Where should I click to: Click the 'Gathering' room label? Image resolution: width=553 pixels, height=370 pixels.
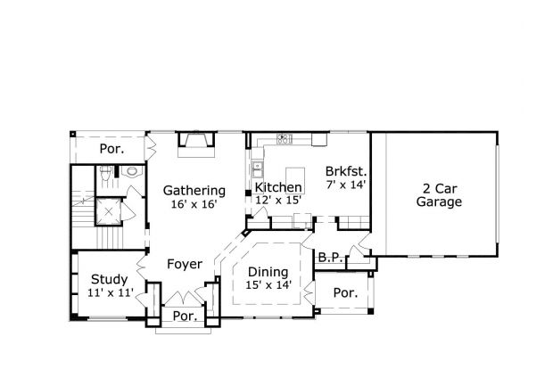click(194, 190)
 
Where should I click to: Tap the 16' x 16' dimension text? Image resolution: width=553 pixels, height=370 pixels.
click(194, 204)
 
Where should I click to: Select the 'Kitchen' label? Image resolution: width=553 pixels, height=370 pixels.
click(278, 188)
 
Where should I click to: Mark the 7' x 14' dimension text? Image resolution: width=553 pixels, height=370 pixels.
click(346, 185)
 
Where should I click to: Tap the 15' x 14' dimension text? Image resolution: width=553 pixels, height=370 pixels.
click(267, 285)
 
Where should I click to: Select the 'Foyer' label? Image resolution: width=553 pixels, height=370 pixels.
click(184, 264)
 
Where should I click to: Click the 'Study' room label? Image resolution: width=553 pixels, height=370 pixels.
click(108, 279)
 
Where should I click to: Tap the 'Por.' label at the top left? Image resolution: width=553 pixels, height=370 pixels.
click(111, 148)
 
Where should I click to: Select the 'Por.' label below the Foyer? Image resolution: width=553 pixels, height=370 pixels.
click(184, 316)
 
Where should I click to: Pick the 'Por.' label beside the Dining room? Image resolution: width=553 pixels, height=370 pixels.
click(344, 292)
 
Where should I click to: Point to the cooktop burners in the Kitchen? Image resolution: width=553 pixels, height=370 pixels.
click(285, 138)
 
